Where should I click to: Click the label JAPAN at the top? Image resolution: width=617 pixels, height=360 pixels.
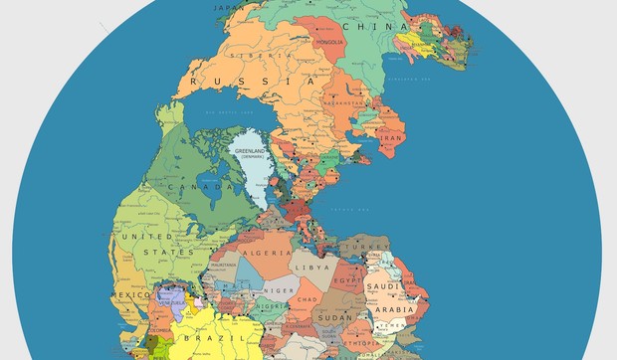pos(231,5)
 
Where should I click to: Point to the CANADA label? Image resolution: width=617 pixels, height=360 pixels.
pos(190,186)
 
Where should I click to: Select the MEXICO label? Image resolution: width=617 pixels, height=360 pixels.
pos(130,295)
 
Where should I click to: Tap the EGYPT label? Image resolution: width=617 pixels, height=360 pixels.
pos(345,282)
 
